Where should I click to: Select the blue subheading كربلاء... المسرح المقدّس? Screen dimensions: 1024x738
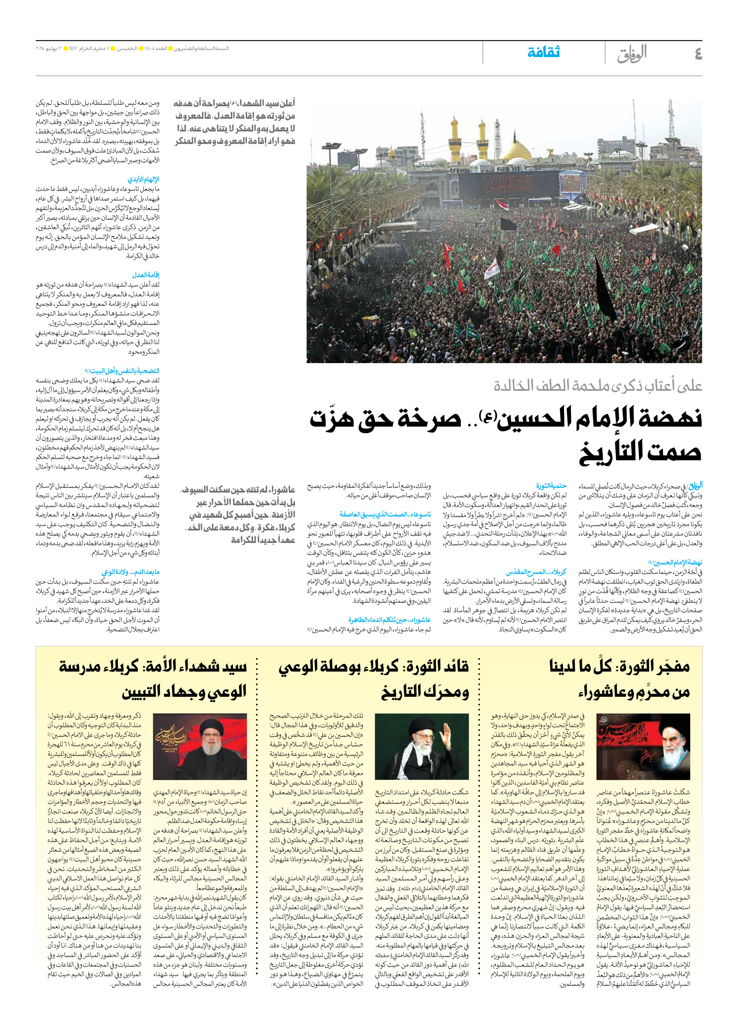536,572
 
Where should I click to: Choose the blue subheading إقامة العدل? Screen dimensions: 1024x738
146,275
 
